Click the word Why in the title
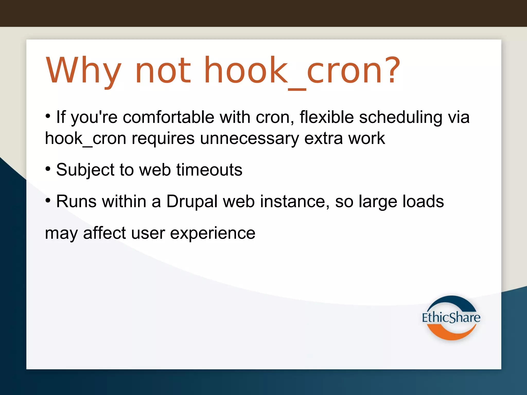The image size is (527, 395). click(x=83, y=71)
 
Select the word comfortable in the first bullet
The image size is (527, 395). click(x=168, y=118)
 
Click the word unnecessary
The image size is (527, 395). click(x=249, y=139)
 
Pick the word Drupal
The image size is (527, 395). click(x=192, y=202)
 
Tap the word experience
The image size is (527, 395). click(x=213, y=233)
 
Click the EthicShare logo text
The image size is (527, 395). click(x=451, y=317)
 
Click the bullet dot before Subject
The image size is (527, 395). click(x=48, y=169)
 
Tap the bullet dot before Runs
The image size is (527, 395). click(x=48, y=200)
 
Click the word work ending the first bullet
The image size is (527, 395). click(x=366, y=139)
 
